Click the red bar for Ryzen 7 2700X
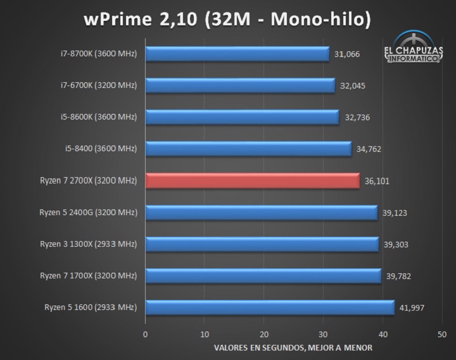pyautogui.click(x=252, y=181)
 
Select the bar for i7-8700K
pyautogui.click(x=237, y=54)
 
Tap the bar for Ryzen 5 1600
pyautogui.click(x=270, y=308)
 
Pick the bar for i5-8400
pyautogui.click(x=248, y=149)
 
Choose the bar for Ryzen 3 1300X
pyautogui.click(x=262, y=244)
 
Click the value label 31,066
pyautogui.click(x=348, y=54)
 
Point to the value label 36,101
pyautogui.click(x=377, y=182)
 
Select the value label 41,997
pyautogui.click(x=412, y=308)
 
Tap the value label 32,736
pyautogui.click(x=357, y=118)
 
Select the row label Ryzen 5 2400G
pyautogui.click(x=88, y=213)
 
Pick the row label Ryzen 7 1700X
pyautogui.click(x=88, y=276)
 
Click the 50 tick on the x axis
pyautogui.click(x=442, y=334)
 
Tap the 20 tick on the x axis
pyautogui.click(x=264, y=334)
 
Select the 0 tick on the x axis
pyautogui.click(x=146, y=334)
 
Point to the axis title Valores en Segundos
pyautogui.click(x=293, y=347)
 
